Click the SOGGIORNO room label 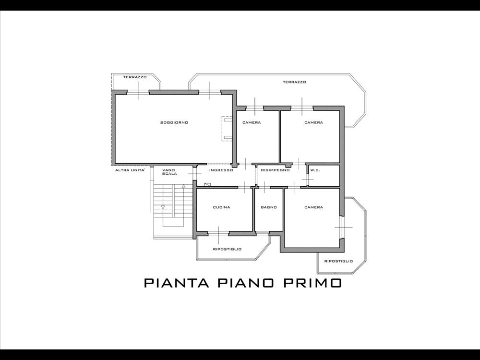coord(174,122)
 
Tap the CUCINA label coord(221,207)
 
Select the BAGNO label coord(269,207)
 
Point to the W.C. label coord(315,170)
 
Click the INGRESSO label coord(221,170)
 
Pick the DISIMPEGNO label coord(275,170)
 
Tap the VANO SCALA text coord(169,172)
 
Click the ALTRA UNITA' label coord(130,170)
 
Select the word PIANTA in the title coord(177,283)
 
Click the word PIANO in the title coord(245,283)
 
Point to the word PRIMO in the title coord(312,283)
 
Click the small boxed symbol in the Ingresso coord(207,185)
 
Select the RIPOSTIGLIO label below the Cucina coord(227,249)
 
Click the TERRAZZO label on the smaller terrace coord(135,77)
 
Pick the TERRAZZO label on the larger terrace coord(294,82)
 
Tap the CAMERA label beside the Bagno coord(313,207)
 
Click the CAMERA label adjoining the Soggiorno coord(252,122)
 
